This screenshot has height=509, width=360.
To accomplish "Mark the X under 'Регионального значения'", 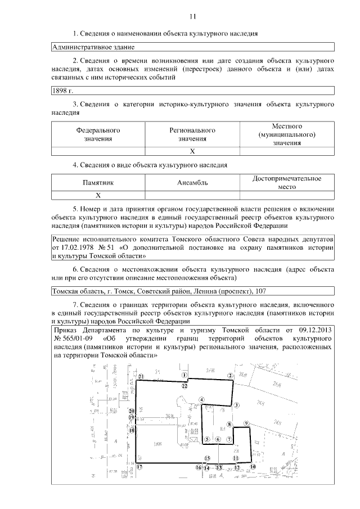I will tap(192, 151).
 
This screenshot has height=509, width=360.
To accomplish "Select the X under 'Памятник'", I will tap(98, 195).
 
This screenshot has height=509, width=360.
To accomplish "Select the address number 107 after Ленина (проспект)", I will tap(261, 291).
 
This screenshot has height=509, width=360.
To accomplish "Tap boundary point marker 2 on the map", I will tap(229, 376).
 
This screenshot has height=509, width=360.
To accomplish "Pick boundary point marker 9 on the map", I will tap(246, 422).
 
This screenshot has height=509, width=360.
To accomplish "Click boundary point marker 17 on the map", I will tap(139, 467).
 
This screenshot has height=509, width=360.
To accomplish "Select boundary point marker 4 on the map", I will tap(201, 400).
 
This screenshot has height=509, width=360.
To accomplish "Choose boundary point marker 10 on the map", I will tap(253, 466).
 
